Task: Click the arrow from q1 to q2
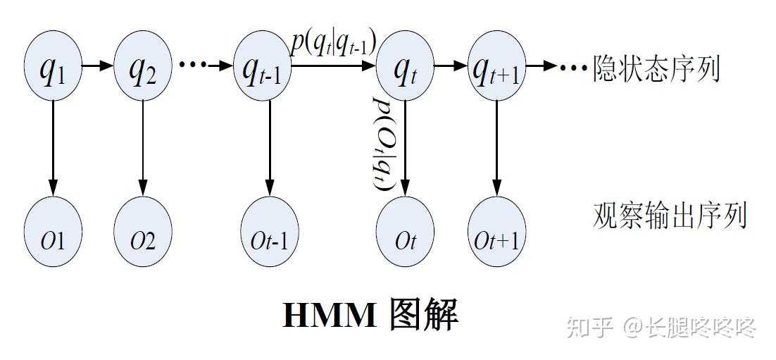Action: click(96, 66)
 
